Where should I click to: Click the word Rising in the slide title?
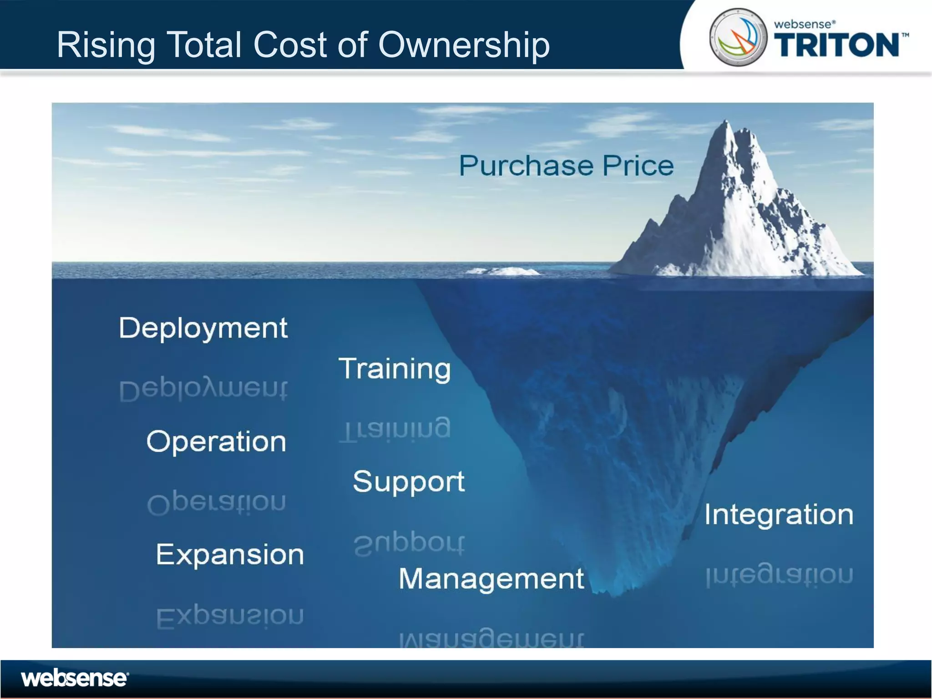pyautogui.click(x=106, y=45)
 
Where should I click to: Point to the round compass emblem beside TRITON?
pyautogui.click(x=738, y=37)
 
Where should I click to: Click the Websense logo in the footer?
pyautogui.click(x=75, y=679)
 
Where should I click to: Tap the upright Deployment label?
pyautogui.click(x=203, y=328)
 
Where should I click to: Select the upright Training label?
pyautogui.click(x=395, y=369)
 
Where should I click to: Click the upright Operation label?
pyautogui.click(x=216, y=441)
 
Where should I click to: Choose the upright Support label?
pyautogui.click(x=409, y=481)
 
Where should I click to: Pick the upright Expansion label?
pyautogui.click(x=230, y=555)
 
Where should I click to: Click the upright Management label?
pyautogui.click(x=491, y=579)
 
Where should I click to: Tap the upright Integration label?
pyautogui.click(x=779, y=515)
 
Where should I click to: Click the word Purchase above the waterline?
pyautogui.click(x=527, y=166)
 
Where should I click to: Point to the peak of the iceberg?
pyautogui.click(x=726, y=123)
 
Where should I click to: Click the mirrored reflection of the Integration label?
pyautogui.click(x=779, y=576)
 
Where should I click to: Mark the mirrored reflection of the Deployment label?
pyautogui.click(x=203, y=390)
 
